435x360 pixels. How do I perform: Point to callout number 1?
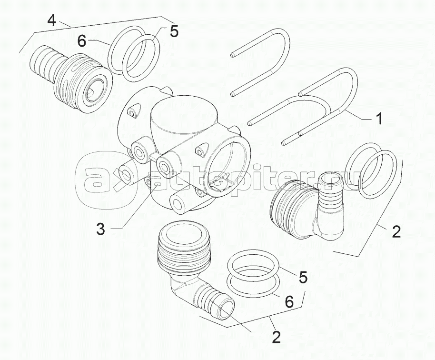[379, 119]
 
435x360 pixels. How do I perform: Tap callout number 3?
[101, 229]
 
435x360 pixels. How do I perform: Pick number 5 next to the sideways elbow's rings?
[303, 277]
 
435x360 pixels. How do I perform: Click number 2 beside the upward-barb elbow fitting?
[396, 231]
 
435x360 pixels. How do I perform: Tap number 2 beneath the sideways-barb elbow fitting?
[276, 337]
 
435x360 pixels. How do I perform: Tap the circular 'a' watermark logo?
[107, 180]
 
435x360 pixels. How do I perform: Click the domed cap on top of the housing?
[183, 117]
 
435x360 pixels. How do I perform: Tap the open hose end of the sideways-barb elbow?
[227, 309]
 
